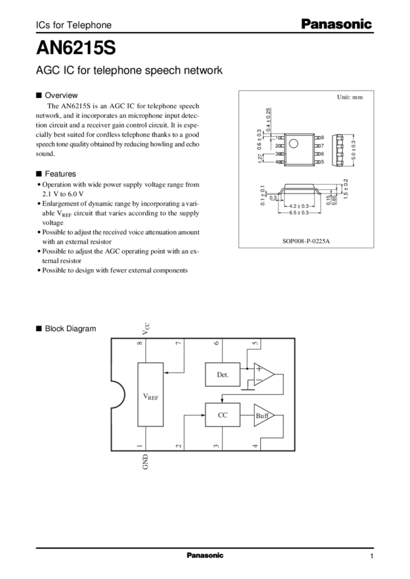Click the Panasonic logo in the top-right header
[336, 25]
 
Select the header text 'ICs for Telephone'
[73, 25]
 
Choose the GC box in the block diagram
[222, 415]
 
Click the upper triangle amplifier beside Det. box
[264, 374]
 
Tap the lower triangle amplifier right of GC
[264, 415]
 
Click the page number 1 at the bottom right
[372, 557]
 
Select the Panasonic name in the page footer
[205, 556]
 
